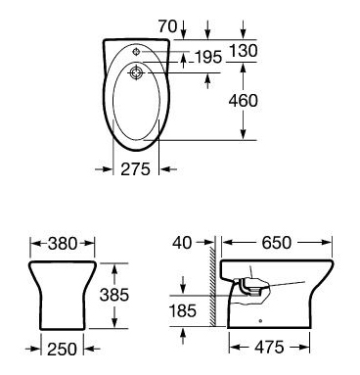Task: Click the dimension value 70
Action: coord(167,26)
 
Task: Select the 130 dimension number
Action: coord(244,51)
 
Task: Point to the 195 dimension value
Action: coord(207,58)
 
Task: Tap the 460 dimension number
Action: coord(244,101)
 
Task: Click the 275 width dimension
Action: coord(136,169)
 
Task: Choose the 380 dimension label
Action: coord(63,244)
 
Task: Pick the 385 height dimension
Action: coord(114,295)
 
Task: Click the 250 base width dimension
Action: coord(62,350)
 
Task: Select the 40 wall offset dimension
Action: coord(183,243)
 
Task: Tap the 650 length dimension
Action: coord(276,243)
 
